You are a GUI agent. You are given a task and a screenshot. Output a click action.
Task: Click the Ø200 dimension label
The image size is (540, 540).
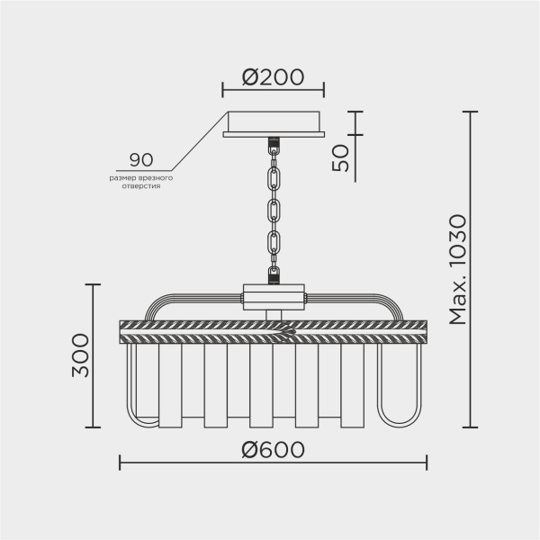(273, 78)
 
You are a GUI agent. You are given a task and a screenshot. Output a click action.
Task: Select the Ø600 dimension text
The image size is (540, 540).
(273, 448)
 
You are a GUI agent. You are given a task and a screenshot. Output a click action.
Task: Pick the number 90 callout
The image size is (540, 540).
(141, 160)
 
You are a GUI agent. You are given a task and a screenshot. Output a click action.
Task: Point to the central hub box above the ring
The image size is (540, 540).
(274, 294)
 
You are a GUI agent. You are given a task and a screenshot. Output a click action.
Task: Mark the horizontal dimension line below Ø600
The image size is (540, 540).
(273, 464)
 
